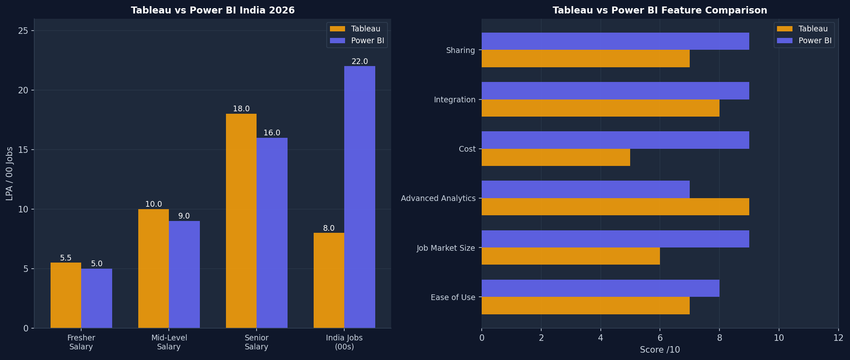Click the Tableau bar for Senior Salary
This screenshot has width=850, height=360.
point(241,221)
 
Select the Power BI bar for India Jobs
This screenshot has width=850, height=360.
point(360,197)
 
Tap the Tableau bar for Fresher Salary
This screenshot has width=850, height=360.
point(66,295)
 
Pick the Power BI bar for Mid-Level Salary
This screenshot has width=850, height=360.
point(184,274)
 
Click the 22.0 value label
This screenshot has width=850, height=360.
point(360,62)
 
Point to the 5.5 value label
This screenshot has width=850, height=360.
point(66,258)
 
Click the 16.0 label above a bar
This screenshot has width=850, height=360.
point(272,133)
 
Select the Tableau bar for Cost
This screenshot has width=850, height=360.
point(556,157)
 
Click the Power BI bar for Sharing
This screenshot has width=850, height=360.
point(615,41)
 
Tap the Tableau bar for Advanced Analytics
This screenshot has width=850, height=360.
point(615,207)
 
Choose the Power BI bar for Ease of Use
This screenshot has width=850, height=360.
point(600,288)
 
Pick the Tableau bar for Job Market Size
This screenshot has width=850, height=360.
point(571,256)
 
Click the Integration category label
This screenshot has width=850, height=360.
point(455,99)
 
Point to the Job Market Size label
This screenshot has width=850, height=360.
point(446,248)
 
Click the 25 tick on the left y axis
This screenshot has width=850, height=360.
point(23,31)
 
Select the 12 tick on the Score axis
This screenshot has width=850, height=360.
point(839,338)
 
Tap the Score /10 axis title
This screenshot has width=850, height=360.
point(660,350)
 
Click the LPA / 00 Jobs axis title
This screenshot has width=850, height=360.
point(9,174)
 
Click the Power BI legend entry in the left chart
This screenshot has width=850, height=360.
point(357,41)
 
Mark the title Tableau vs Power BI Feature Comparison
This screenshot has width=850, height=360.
point(660,11)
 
